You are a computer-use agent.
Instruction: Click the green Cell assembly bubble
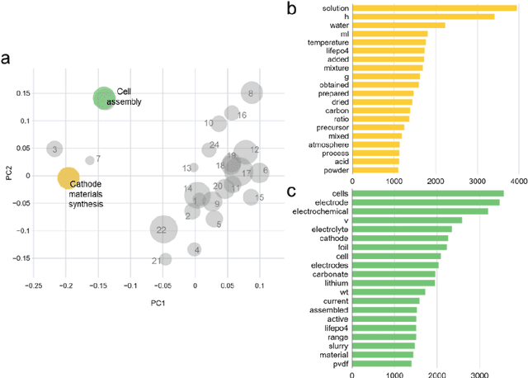point(103,99)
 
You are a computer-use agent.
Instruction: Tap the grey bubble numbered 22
point(162,229)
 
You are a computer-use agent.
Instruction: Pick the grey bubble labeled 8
point(250,94)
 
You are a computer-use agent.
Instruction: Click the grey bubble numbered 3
point(54,149)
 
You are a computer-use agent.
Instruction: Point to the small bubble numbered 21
point(165,260)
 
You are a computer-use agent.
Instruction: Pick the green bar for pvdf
point(381,363)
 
